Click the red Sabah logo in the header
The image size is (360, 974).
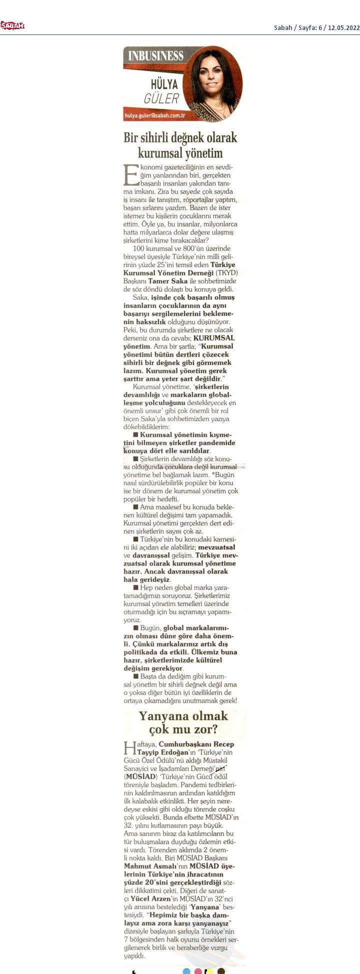[12, 26]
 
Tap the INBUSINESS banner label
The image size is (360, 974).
[156, 55]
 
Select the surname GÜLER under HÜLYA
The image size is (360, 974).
[161, 98]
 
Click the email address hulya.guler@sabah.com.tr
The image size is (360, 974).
[155, 116]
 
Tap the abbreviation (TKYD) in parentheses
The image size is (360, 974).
[226, 272]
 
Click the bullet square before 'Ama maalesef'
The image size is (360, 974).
[135, 507]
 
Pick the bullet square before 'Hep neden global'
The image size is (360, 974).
[135, 587]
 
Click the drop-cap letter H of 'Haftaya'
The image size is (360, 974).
[128, 748]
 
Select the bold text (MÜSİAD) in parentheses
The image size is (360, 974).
[140, 776]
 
